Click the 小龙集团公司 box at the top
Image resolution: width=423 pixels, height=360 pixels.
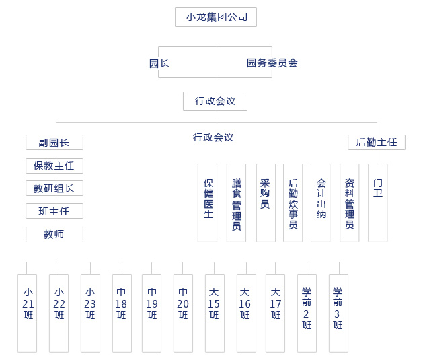tap(216, 17)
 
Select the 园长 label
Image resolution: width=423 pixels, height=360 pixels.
tap(159, 63)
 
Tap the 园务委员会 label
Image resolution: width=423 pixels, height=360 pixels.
tap(272, 63)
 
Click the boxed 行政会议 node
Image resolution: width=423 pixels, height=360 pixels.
tap(215, 101)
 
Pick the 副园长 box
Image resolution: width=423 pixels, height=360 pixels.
tap(54, 142)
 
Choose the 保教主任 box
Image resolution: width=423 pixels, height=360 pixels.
tap(54, 166)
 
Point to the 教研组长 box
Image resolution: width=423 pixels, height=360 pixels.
tap(54, 188)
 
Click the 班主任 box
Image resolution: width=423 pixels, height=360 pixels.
tap(54, 211)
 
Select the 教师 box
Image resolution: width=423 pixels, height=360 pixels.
tap(54, 234)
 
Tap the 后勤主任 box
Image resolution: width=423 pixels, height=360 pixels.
tap(377, 142)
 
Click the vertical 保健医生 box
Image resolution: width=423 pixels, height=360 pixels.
tap(208, 202)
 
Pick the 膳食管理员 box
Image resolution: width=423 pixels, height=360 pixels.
tap(236, 202)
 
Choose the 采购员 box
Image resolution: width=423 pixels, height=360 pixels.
tap(266, 202)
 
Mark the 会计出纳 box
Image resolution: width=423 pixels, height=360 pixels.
tap(321, 202)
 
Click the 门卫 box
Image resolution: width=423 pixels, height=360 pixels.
tap(378, 202)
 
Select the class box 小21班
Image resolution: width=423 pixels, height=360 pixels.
tap(28, 312)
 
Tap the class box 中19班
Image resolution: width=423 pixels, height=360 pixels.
tap(152, 312)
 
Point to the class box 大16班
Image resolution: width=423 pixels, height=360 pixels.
tap(245, 312)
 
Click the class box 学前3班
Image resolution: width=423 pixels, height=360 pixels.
tap(338, 312)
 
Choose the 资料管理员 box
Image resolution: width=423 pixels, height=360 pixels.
tap(349, 202)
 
